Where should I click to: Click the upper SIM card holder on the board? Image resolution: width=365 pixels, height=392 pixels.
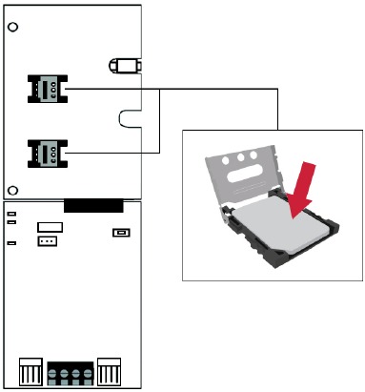tap(45, 89)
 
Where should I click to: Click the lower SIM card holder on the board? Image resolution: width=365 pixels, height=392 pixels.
tap(45, 151)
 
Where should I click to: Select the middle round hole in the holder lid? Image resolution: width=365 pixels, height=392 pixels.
tap(243, 157)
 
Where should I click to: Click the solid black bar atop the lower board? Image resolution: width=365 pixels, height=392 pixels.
tap(92, 205)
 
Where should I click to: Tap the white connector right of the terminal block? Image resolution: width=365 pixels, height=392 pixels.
tap(111, 369)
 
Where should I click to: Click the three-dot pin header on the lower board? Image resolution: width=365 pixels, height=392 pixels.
tap(48, 242)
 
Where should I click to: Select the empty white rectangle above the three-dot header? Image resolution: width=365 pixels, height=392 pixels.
tap(50, 227)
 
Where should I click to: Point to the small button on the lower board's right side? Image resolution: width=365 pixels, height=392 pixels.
tap(120, 232)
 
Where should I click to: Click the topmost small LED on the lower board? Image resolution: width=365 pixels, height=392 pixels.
tap(11, 215)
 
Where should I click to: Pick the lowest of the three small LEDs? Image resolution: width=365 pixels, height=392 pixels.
tap(11, 243)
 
